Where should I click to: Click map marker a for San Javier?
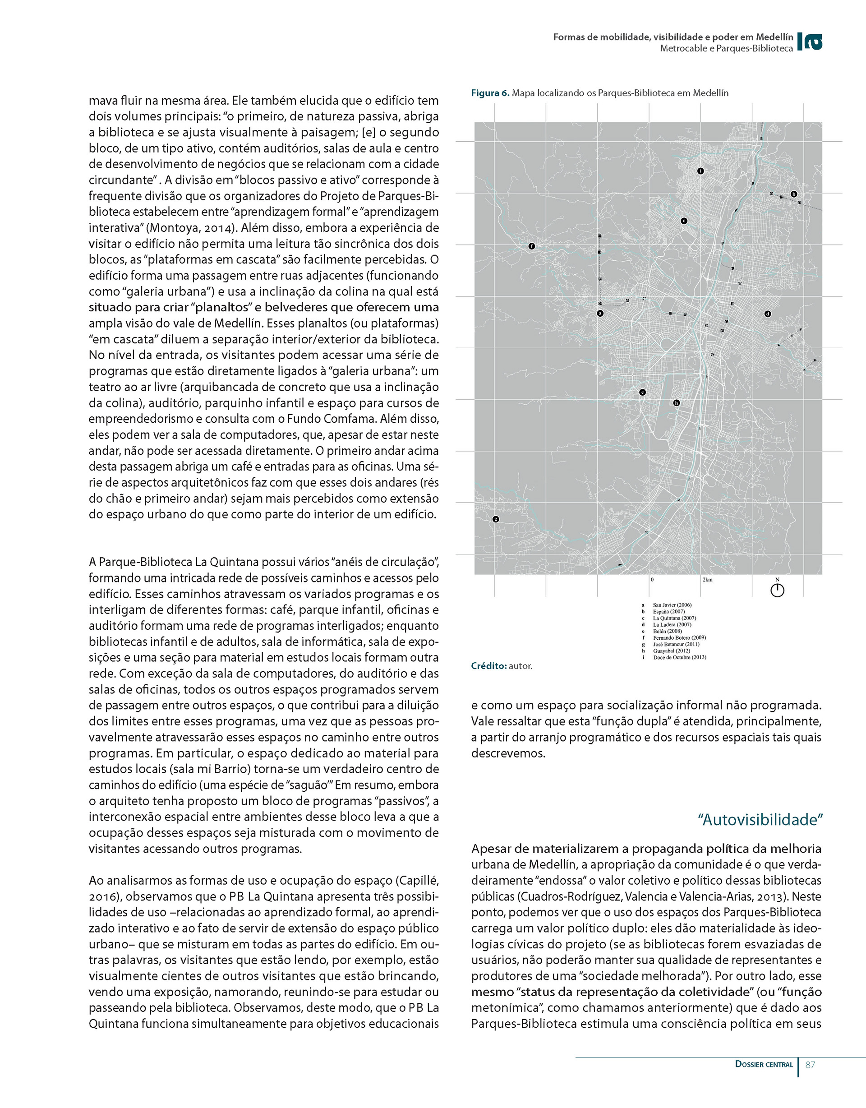coord(600,314)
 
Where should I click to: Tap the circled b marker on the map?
coord(794,194)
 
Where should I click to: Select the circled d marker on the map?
coord(768,314)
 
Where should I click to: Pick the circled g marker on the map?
coord(496,519)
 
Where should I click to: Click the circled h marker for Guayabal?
coord(676,403)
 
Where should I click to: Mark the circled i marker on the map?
coord(700,171)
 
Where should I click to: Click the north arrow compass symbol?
coord(777,590)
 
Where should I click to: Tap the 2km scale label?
coord(708,579)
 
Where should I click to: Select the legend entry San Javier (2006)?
coord(672,605)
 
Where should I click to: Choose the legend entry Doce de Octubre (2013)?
coord(679,657)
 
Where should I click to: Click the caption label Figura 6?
coord(490,93)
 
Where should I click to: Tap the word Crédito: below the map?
coord(488,666)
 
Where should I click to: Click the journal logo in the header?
coord(810,42)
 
